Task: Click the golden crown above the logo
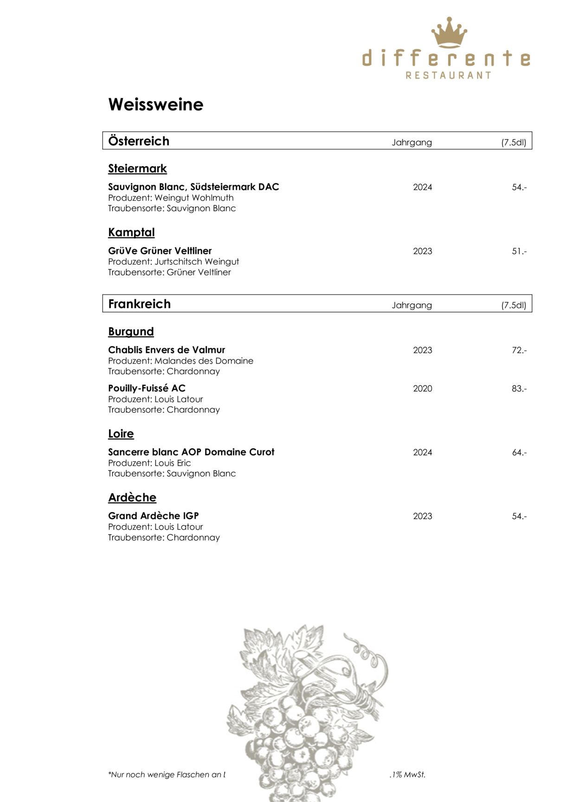[x=449, y=32]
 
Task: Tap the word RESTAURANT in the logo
[x=448, y=75]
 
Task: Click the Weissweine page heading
[x=156, y=104]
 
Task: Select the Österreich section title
[x=139, y=141]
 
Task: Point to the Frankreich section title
[x=139, y=304]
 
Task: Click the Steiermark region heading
[x=137, y=168]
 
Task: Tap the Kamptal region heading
[x=131, y=232]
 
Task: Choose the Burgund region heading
[x=131, y=332]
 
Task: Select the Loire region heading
[x=121, y=434]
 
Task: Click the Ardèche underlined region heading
[x=132, y=497]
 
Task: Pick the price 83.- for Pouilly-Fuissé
[x=519, y=389]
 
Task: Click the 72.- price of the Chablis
[x=519, y=350]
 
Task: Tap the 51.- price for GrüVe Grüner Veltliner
[x=519, y=251]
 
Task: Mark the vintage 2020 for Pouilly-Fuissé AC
[x=422, y=389]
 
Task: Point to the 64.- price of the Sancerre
[x=519, y=452]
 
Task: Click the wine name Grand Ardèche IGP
[x=153, y=516]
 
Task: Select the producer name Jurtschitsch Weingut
[x=197, y=262]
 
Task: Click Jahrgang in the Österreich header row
[x=412, y=142]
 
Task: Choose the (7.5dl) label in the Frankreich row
[x=514, y=305]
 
